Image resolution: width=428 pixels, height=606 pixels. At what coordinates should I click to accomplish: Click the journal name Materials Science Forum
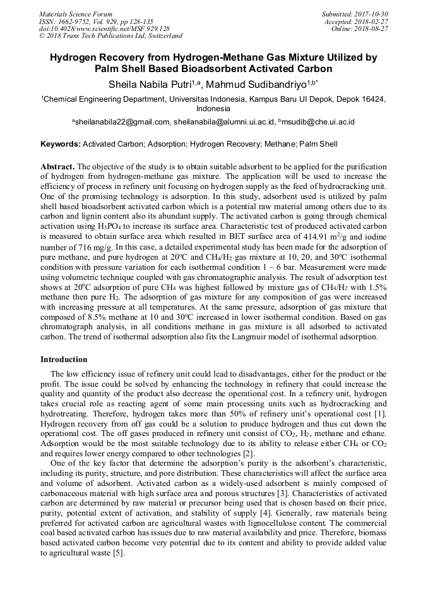click(x=76, y=14)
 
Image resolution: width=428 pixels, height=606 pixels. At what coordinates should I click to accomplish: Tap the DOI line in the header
click(x=104, y=28)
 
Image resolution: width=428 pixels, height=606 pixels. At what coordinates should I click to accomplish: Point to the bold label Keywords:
click(x=61, y=144)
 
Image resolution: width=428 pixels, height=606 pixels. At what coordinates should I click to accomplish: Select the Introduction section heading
click(x=64, y=359)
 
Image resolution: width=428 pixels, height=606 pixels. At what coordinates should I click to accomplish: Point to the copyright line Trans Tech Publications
click(x=110, y=36)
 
